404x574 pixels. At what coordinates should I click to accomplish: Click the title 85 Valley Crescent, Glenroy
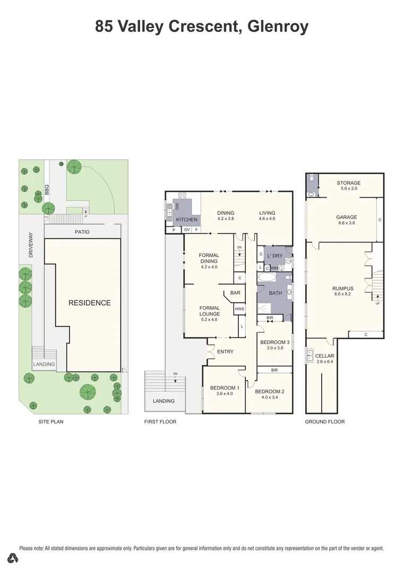coord(202,27)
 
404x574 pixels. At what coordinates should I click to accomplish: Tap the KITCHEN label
coord(186,220)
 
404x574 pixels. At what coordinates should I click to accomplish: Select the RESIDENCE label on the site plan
coord(89,303)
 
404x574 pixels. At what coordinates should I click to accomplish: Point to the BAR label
coord(235,292)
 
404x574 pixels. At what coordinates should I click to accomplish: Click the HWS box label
coord(239,309)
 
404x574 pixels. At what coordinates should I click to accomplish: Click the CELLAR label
coord(324,356)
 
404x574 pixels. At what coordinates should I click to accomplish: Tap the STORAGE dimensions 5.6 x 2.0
coord(348,189)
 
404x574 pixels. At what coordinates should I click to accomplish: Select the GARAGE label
coord(346,217)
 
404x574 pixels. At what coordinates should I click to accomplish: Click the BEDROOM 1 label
coord(224,388)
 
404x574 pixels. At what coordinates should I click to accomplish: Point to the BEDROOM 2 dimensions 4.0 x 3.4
coord(270,398)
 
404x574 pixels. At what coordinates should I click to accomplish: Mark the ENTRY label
coord(225,352)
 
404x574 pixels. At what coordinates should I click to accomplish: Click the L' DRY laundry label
coord(275,256)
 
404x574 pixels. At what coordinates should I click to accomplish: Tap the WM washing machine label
coord(274,268)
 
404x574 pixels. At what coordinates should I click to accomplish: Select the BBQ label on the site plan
coord(47,189)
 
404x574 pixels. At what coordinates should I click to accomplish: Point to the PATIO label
coord(82,232)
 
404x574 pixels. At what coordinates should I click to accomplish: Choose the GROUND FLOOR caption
coord(324,421)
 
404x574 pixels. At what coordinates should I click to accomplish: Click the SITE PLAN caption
coord(51,421)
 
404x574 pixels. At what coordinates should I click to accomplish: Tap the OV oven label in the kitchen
coord(187,230)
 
